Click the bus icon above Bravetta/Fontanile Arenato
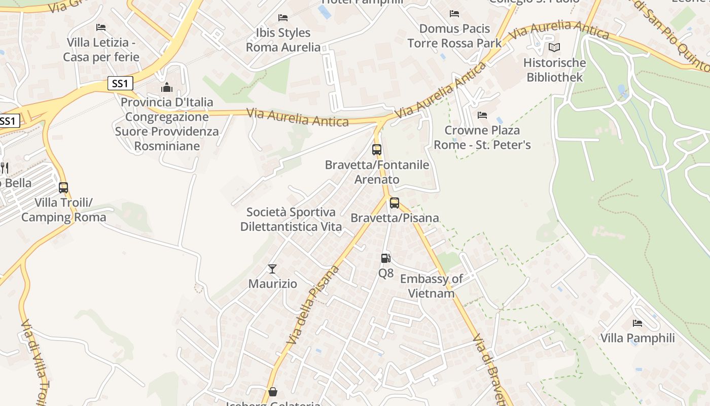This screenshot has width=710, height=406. pos(377,150)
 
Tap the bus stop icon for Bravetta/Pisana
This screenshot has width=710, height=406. pos(395,203)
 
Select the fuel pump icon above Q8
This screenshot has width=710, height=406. pos(386,258)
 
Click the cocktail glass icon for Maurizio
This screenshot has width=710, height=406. pos(272,268)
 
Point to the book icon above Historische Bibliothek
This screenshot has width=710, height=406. pos(554,48)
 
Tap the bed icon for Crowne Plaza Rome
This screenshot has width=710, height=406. pos(482,115)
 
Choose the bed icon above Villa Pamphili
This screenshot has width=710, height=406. pos(637,323)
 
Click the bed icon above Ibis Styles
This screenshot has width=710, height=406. pos(283,18)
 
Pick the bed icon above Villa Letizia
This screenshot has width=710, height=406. pos(101,27)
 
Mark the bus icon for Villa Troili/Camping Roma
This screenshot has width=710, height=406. pos(63,188)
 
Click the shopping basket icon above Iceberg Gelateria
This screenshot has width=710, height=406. pos(273,392)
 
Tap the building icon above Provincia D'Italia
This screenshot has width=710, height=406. pos(167,87)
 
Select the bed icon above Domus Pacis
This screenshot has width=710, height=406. pos(454,14)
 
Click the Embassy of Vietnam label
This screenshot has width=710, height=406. pos(431,286)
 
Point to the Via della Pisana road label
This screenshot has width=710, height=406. pos(313,305)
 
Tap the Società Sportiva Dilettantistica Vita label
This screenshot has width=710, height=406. pos(291,219)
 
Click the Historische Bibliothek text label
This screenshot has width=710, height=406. pos(554,70)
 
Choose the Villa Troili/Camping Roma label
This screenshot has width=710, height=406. pos(63,210)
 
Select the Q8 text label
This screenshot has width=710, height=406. pos(386,273)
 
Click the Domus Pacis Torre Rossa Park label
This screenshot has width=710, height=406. pos(454,36)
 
